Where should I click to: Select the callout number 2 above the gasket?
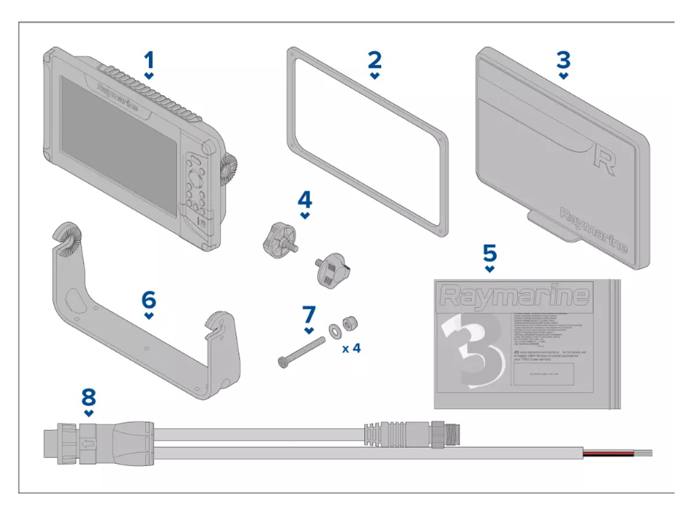point(375,60)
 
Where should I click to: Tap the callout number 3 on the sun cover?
point(563,60)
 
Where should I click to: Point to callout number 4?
point(305,200)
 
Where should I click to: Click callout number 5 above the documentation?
point(489,253)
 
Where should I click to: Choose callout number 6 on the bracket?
point(149,300)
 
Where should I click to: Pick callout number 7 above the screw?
point(308,314)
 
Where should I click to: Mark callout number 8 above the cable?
point(89,397)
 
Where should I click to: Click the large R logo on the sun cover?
point(604,159)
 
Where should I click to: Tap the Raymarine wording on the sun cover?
point(593,229)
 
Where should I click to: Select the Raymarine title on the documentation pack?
point(514,296)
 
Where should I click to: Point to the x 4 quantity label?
point(351,349)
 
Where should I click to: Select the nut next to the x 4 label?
point(349,323)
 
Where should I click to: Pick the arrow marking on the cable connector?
point(88,444)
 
